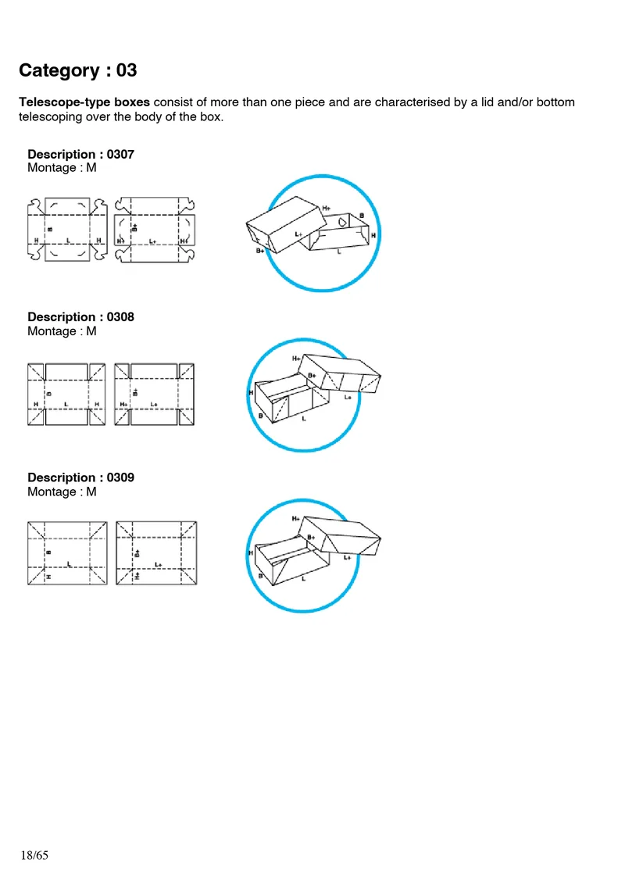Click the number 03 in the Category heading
point(127,70)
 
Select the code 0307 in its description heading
point(120,154)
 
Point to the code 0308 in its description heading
point(120,316)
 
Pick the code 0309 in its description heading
point(120,477)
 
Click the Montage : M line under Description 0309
point(62,492)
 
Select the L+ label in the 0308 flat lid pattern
point(154,404)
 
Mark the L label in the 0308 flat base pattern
point(66,404)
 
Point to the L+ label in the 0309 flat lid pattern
point(159,564)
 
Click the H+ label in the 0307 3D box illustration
point(326,208)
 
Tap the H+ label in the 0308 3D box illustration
point(296,358)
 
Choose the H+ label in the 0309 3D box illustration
point(296,518)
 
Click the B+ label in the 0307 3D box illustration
point(260,252)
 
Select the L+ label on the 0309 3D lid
point(347,557)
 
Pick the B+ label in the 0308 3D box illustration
point(312,376)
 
